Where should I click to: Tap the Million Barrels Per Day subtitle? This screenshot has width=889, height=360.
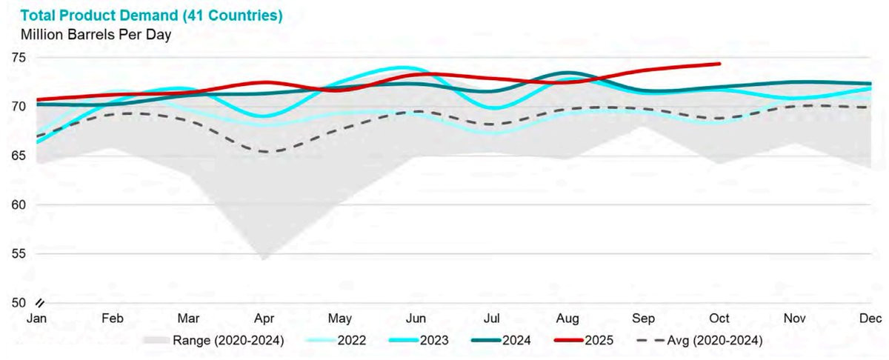97,34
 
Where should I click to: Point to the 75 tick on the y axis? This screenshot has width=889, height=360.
19,58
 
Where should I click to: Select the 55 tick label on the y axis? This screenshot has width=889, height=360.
19,254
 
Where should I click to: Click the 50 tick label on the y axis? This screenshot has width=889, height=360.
19,303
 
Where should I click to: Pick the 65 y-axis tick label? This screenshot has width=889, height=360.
19,156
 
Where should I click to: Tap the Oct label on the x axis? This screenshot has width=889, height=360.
719,319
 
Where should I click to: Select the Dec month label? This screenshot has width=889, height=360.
871,319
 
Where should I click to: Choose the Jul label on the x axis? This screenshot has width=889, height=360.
491,319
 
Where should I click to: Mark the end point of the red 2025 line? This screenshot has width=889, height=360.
719,64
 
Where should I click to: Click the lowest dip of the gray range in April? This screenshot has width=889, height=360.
263,259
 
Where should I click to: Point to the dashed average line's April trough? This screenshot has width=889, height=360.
264,152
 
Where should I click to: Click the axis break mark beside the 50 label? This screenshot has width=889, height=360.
41,302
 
